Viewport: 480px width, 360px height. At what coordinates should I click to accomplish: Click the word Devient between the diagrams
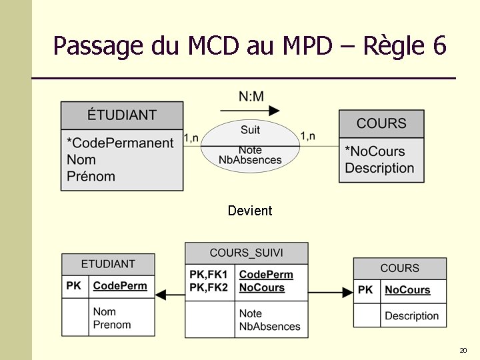point(250,211)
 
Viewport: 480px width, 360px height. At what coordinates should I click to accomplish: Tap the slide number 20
point(463,351)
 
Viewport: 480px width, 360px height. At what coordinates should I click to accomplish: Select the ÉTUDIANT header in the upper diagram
point(122,115)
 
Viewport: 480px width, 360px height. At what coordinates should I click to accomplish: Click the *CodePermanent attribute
point(120,143)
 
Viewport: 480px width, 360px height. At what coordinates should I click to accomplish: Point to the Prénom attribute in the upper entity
point(91,177)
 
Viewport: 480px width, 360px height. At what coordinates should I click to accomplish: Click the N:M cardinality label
point(251,97)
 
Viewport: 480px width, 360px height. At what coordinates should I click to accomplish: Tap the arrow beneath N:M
point(250,111)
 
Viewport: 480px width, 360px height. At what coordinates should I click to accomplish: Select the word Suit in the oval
point(250,129)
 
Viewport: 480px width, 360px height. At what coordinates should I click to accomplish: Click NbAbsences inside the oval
point(250,160)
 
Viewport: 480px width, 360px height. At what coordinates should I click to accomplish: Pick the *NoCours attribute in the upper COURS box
point(375,151)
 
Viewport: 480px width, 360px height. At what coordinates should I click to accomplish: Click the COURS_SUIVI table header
point(246,253)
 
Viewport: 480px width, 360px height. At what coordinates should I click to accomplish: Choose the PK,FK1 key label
point(209,275)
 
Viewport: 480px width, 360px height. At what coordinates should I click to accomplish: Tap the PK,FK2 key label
point(209,288)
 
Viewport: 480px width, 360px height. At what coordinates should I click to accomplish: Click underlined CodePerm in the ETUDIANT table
point(120,285)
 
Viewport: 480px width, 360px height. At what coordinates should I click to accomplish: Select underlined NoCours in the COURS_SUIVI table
point(262,288)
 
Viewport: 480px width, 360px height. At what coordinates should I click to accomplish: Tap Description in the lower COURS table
point(412,316)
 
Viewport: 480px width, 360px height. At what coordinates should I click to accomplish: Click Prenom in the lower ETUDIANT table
point(112,325)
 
